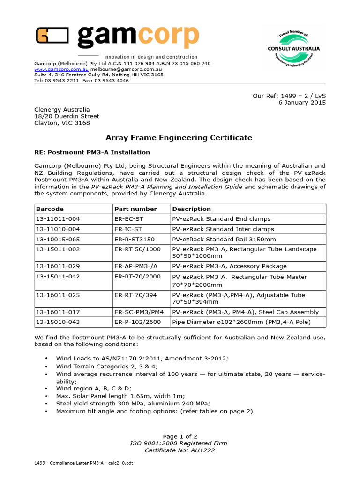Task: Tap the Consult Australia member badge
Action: pyautogui.click(x=293, y=48)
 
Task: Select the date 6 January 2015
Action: pyautogui.click(x=302, y=103)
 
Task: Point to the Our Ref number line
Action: pyautogui.click(x=289, y=96)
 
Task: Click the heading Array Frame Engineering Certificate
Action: pyautogui.click(x=179, y=138)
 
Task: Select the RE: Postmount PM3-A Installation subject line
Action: pyautogui.click(x=92, y=152)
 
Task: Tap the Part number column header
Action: pyautogui.click(x=135, y=209)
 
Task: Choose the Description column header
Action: pyautogui.click(x=191, y=209)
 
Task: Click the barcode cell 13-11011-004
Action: pyautogui.click(x=58, y=219)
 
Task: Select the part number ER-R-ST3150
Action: pyautogui.click(x=134, y=240)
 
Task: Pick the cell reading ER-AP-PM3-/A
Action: pyautogui.click(x=136, y=266)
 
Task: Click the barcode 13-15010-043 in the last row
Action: pyautogui.click(x=58, y=322)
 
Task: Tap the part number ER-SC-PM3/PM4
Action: pyautogui.click(x=139, y=312)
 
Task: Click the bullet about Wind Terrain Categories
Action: pyautogui.click(x=107, y=367)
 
